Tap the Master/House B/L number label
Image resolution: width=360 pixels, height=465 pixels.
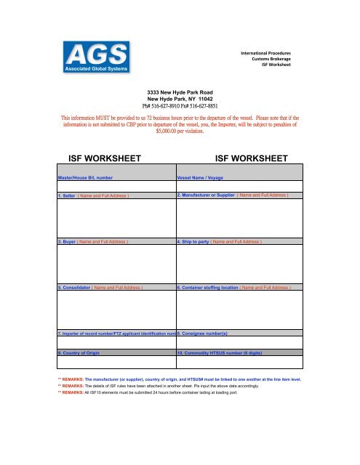pyautogui.click(x=86, y=177)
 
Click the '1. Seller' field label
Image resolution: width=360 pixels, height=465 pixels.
pyautogui.click(x=93, y=195)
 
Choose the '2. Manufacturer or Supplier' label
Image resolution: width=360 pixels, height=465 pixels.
pyautogui.click(x=233, y=195)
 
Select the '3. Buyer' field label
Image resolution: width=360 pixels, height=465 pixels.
pyautogui.click(x=93, y=240)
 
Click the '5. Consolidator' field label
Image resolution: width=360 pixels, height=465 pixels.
pyautogui.click(x=100, y=288)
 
